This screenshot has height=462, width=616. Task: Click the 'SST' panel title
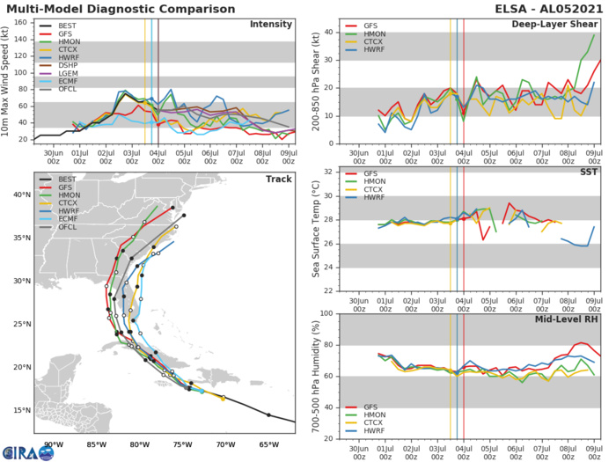pyautogui.click(x=587, y=172)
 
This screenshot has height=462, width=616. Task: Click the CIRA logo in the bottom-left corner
pyautogui.click(x=27, y=452)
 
